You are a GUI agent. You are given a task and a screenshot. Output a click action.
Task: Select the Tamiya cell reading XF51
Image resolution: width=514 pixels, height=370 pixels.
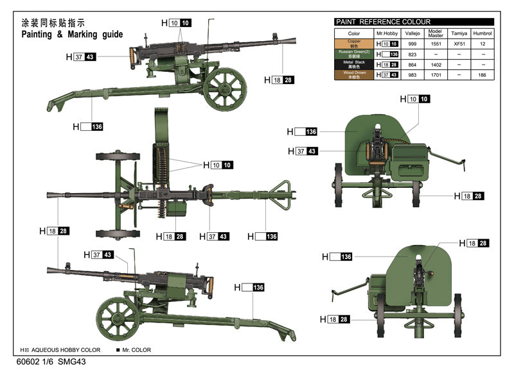(459, 44)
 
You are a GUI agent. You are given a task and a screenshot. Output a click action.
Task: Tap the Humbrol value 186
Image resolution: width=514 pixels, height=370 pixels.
(482, 74)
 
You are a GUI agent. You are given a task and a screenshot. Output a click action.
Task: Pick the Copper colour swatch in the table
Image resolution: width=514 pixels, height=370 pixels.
(353, 44)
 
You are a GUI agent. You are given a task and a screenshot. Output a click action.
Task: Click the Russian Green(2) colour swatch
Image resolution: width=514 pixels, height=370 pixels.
(353, 55)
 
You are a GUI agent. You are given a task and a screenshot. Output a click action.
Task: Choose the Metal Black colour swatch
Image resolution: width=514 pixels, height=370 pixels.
(353, 64)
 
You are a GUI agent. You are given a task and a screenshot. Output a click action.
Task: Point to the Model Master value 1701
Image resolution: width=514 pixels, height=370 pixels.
(435, 74)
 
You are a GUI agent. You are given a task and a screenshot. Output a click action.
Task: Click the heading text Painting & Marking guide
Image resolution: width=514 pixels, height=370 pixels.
(71, 34)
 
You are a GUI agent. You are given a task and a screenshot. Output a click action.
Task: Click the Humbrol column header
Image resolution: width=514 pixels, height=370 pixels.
(482, 33)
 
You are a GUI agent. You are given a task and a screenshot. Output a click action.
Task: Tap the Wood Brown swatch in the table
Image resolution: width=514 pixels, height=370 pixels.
(353, 74)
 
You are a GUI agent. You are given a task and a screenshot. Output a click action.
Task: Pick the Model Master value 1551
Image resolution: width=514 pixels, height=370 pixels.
(435, 44)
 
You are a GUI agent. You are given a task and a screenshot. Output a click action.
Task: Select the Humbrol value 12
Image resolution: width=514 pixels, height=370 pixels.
(482, 44)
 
